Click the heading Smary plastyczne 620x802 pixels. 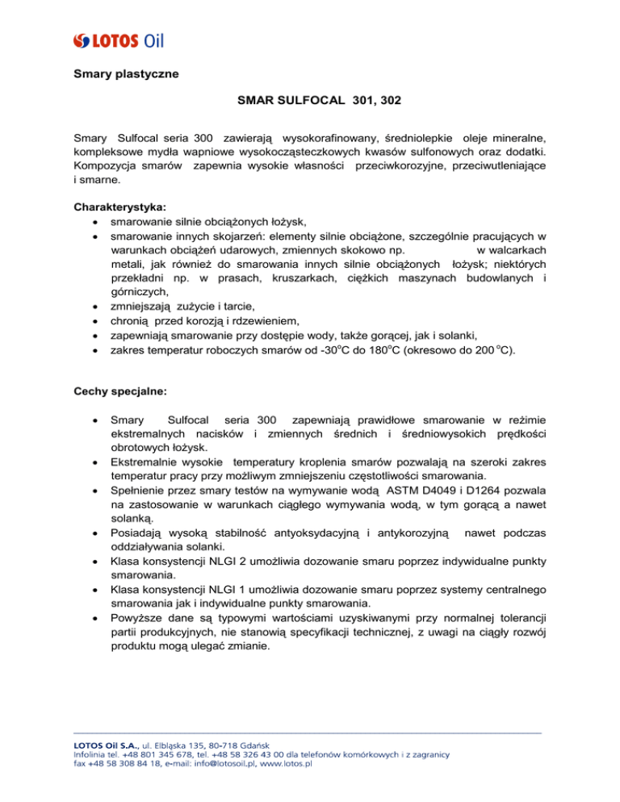(121, 75)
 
